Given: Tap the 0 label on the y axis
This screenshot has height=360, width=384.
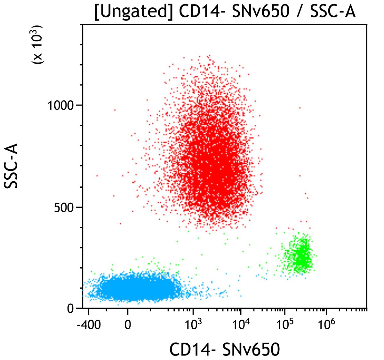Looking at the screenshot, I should click(x=70, y=309).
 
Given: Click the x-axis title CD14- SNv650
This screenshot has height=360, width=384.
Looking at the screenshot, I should click(x=225, y=350).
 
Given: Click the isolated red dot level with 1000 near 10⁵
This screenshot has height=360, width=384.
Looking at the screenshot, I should click(x=300, y=108).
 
